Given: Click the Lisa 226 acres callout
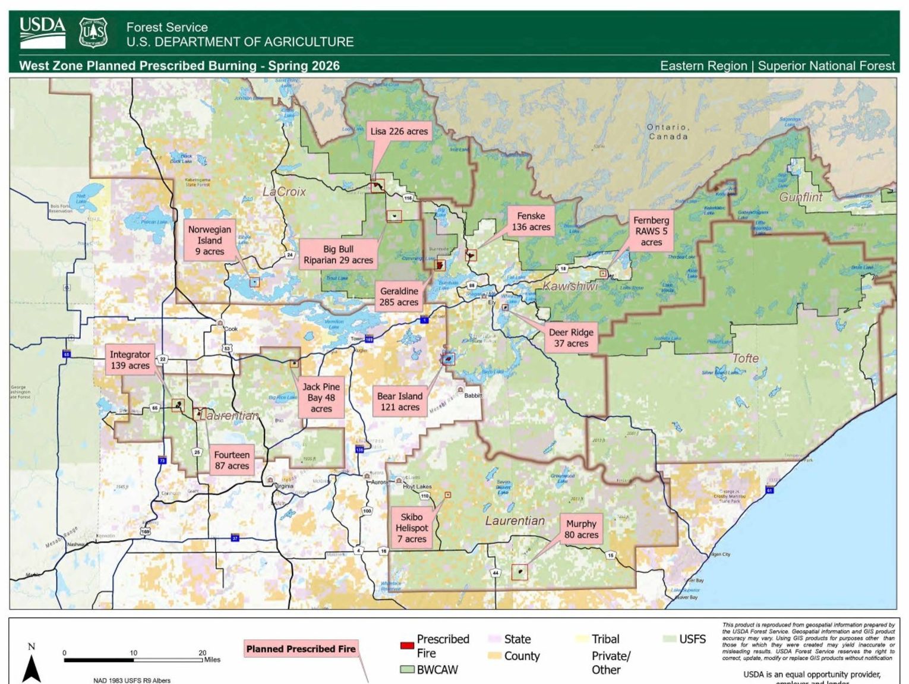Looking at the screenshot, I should pos(399,131).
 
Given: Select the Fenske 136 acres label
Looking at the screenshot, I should pos(531,222).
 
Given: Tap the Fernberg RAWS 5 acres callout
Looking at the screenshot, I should pos(651,231).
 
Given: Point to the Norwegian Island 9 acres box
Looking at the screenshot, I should pos(209,241).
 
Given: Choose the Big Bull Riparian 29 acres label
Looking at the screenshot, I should pos(338,254).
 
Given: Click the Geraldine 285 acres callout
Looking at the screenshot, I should pos(399,297).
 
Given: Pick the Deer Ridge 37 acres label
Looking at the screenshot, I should pos(570,338).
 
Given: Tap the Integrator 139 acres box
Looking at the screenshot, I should pos(130,360).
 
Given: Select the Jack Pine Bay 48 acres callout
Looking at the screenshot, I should pos(321,398).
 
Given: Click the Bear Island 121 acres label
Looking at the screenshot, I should pos(400,402).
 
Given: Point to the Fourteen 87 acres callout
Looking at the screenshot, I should pos(232,460).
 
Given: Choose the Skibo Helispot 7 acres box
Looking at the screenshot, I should pos(412,528).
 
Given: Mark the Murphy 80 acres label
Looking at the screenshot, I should pos(581,529).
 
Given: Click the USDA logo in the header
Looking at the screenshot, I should pos(42,32).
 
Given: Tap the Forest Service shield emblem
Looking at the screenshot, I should pos(93,33).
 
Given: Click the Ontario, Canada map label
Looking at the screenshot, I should pos(668,132).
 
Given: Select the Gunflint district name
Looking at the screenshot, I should pos(800,197).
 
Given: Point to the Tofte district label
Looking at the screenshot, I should pos(745,358).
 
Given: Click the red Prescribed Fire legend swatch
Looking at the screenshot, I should pos(407,645).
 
